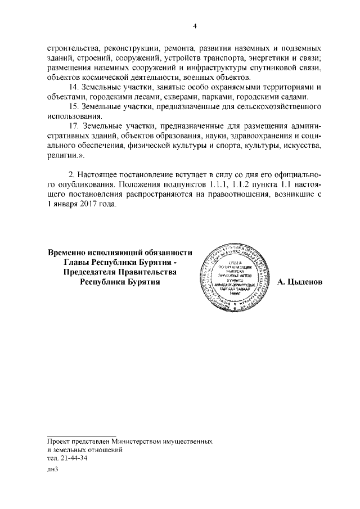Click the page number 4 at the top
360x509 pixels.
point(195,26)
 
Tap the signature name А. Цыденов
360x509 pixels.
point(300,282)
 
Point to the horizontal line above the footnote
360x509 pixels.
point(82,436)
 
